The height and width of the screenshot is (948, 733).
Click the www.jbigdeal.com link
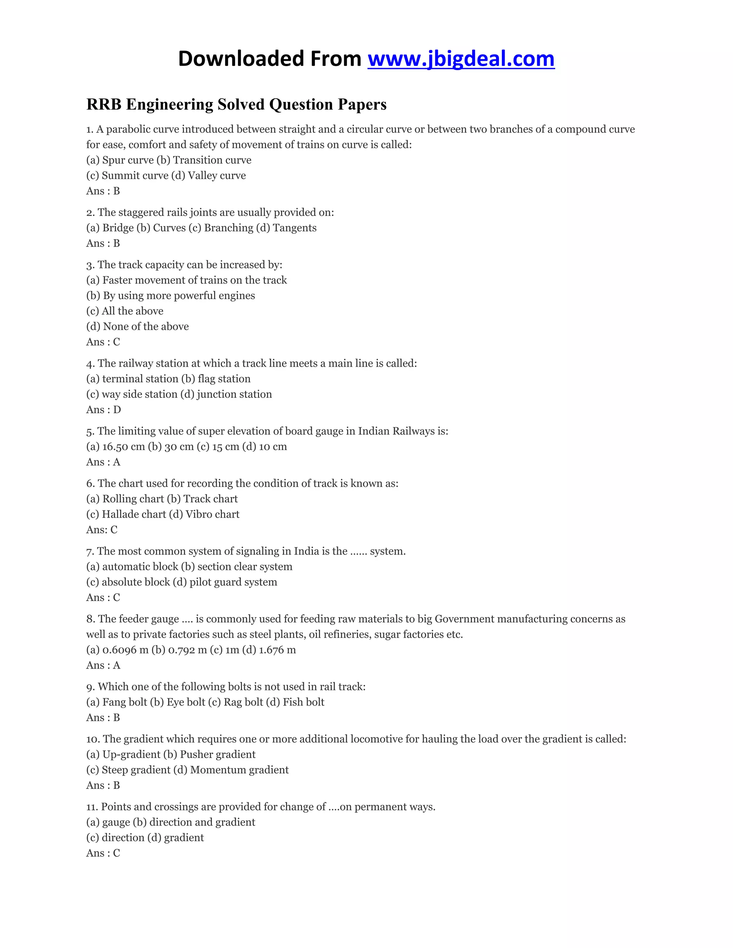click(461, 59)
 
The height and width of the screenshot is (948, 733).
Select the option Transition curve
click(212, 160)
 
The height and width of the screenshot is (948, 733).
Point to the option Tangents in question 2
click(295, 228)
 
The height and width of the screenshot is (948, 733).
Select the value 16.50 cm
click(123, 447)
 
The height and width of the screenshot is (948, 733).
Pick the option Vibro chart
click(212, 514)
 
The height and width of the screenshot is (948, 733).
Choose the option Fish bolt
click(304, 702)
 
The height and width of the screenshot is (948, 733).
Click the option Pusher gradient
click(218, 754)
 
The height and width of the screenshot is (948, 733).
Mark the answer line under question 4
click(103, 410)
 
